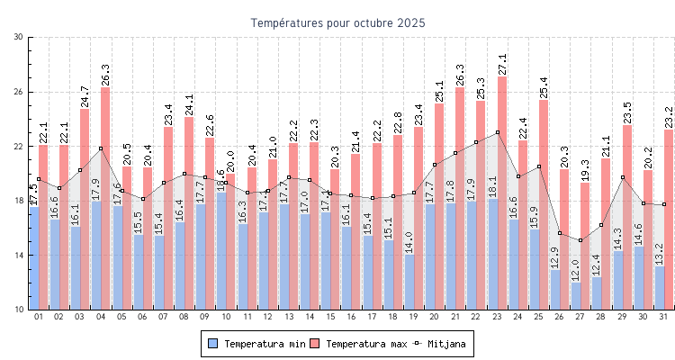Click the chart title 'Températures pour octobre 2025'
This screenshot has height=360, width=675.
point(337,22)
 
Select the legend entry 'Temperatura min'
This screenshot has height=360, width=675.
point(256,343)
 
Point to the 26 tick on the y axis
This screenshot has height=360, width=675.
point(19,92)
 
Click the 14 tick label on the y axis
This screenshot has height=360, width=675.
point(19,256)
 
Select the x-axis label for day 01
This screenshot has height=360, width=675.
point(39,317)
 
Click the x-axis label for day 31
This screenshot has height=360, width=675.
point(661,317)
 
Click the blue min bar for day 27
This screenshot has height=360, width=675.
point(576,296)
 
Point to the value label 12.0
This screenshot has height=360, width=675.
point(575,270)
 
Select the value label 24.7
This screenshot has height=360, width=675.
point(85,96)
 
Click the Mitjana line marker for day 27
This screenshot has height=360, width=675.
point(580,240)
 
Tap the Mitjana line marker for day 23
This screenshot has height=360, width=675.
point(498,132)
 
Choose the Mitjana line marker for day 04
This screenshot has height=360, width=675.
point(101,148)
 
